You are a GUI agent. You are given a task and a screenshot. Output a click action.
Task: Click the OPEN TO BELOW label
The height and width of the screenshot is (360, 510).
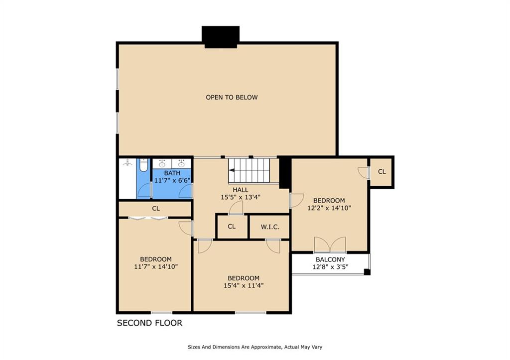pyautogui.click(x=232, y=97)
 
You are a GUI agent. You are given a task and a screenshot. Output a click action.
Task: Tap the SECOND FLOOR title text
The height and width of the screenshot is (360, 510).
pyautogui.click(x=149, y=323)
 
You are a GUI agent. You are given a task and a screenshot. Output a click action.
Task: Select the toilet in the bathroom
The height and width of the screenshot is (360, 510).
pyautogui.click(x=143, y=165)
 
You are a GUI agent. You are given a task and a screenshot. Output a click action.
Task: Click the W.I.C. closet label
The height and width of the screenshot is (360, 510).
pyautogui.click(x=270, y=227)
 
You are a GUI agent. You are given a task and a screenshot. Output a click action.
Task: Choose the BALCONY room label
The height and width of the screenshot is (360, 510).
pyautogui.click(x=331, y=259)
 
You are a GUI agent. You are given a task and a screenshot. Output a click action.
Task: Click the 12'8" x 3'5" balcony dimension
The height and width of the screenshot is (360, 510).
pyautogui.click(x=331, y=267)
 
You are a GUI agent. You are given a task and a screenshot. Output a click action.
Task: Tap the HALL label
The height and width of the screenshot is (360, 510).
pyautogui.click(x=241, y=190)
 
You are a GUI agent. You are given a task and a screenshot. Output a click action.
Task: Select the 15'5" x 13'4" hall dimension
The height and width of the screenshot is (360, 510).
pyautogui.click(x=241, y=197)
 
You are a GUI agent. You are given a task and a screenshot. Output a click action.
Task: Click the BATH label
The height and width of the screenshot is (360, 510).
pyautogui.click(x=172, y=173)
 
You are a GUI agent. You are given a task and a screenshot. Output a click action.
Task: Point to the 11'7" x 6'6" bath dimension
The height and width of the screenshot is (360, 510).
pyautogui.click(x=172, y=180)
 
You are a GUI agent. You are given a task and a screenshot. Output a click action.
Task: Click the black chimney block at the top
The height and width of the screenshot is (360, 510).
pyautogui.click(x=221, y=37)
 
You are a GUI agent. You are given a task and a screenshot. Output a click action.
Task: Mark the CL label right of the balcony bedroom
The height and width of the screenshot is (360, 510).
pyautogui.click(x=382, y=172)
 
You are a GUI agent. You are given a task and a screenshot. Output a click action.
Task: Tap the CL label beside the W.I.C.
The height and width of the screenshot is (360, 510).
pyautogui.click(x=232, y=227)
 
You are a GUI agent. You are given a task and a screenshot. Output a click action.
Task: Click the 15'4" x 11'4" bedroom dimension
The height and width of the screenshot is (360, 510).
pyautogui.click(x=244, y=286)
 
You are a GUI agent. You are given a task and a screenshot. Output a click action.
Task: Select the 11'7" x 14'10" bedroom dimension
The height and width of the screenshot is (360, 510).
pyautogui.click(x=156, y=267)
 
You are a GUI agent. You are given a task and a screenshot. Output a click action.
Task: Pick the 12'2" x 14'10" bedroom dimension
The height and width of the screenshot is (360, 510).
pyautogui.click(x=329, y=208)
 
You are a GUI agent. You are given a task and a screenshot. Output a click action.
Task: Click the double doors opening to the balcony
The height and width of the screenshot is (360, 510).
pyautogui.click(x=330, y=244)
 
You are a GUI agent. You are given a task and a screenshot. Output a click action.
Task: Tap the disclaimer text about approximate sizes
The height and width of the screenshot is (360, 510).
pyautogui.click(x=255, y=347)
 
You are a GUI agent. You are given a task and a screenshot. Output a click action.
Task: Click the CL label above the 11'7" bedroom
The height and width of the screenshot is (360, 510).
pyautogui.click(x=156, y=209)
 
